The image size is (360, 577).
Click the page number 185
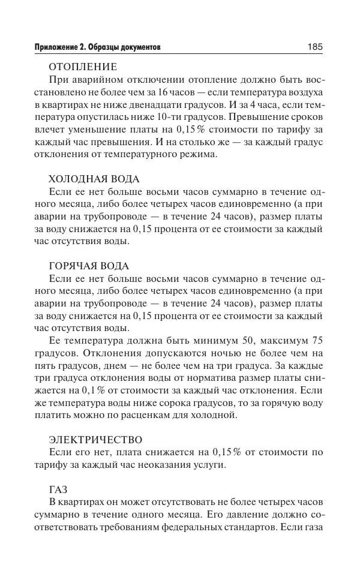314,47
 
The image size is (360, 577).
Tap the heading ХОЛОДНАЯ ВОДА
94,179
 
